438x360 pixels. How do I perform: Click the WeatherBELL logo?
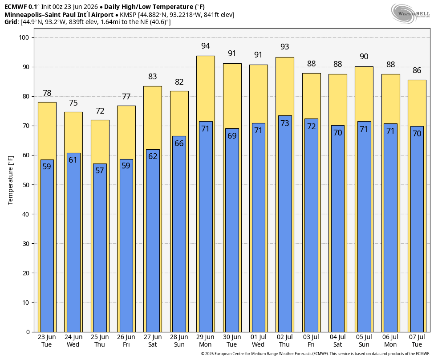click(410, 14)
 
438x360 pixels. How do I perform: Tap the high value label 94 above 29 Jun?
click(205, 46)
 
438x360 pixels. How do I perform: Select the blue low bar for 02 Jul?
click(284, 224)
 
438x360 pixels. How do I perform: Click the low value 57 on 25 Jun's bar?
click(99, 171)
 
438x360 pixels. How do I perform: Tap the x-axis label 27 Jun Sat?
click(153, 340)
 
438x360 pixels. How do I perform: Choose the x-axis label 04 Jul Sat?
click(337, 340)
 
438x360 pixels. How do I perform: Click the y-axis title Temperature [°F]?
click(11, 180)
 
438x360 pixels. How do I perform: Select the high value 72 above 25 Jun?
click(100, 111)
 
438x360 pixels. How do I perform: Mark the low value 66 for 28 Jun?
click(179, 143)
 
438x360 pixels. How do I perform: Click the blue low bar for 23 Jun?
click(47, 245)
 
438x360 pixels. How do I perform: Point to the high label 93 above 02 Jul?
click(284, 47)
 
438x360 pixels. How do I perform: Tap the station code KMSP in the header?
click(128, 15)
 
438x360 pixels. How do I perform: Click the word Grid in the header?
click(11, 22)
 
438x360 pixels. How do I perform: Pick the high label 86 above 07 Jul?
click(417, 70)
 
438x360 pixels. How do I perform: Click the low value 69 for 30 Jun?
click(232, 136)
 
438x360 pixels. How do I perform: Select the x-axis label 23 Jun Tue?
click(47, 340)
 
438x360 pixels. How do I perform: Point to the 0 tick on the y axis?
click(28, 332)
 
